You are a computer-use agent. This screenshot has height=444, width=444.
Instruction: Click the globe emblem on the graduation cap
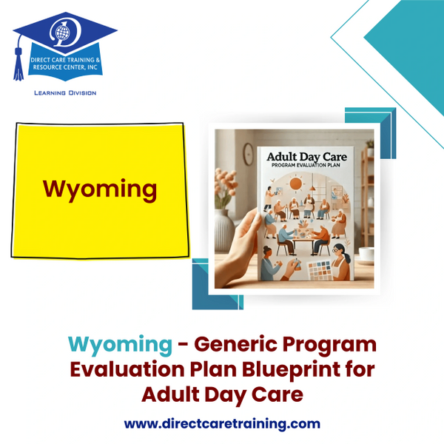[x=62, y=32]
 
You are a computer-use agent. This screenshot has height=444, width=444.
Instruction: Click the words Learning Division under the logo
[x=65, y=93]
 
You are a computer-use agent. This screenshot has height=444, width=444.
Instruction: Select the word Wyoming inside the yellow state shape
[x=100, y=189]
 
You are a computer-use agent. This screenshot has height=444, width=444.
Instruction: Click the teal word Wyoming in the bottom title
[x=120, y=345]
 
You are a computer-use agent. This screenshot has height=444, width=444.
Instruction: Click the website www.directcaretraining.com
[x=222, y=423]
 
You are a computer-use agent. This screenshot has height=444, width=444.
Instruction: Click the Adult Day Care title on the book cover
[x=307, y=157]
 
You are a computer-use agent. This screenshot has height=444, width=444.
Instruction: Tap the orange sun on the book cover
[x=296, y=183]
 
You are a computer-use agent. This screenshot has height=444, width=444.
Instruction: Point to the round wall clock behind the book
[x=249, y=154]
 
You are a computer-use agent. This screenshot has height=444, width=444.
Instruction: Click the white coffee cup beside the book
[x=366, y=255]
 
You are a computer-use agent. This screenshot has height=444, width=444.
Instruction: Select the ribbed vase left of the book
[x=224, y=231]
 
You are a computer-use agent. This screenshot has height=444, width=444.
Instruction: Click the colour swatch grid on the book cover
[x=319, y=270]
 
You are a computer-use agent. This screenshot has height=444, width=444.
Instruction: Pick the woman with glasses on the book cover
[x=339, y=262]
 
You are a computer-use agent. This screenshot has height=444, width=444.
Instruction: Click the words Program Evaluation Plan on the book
[x=306, y=165]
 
